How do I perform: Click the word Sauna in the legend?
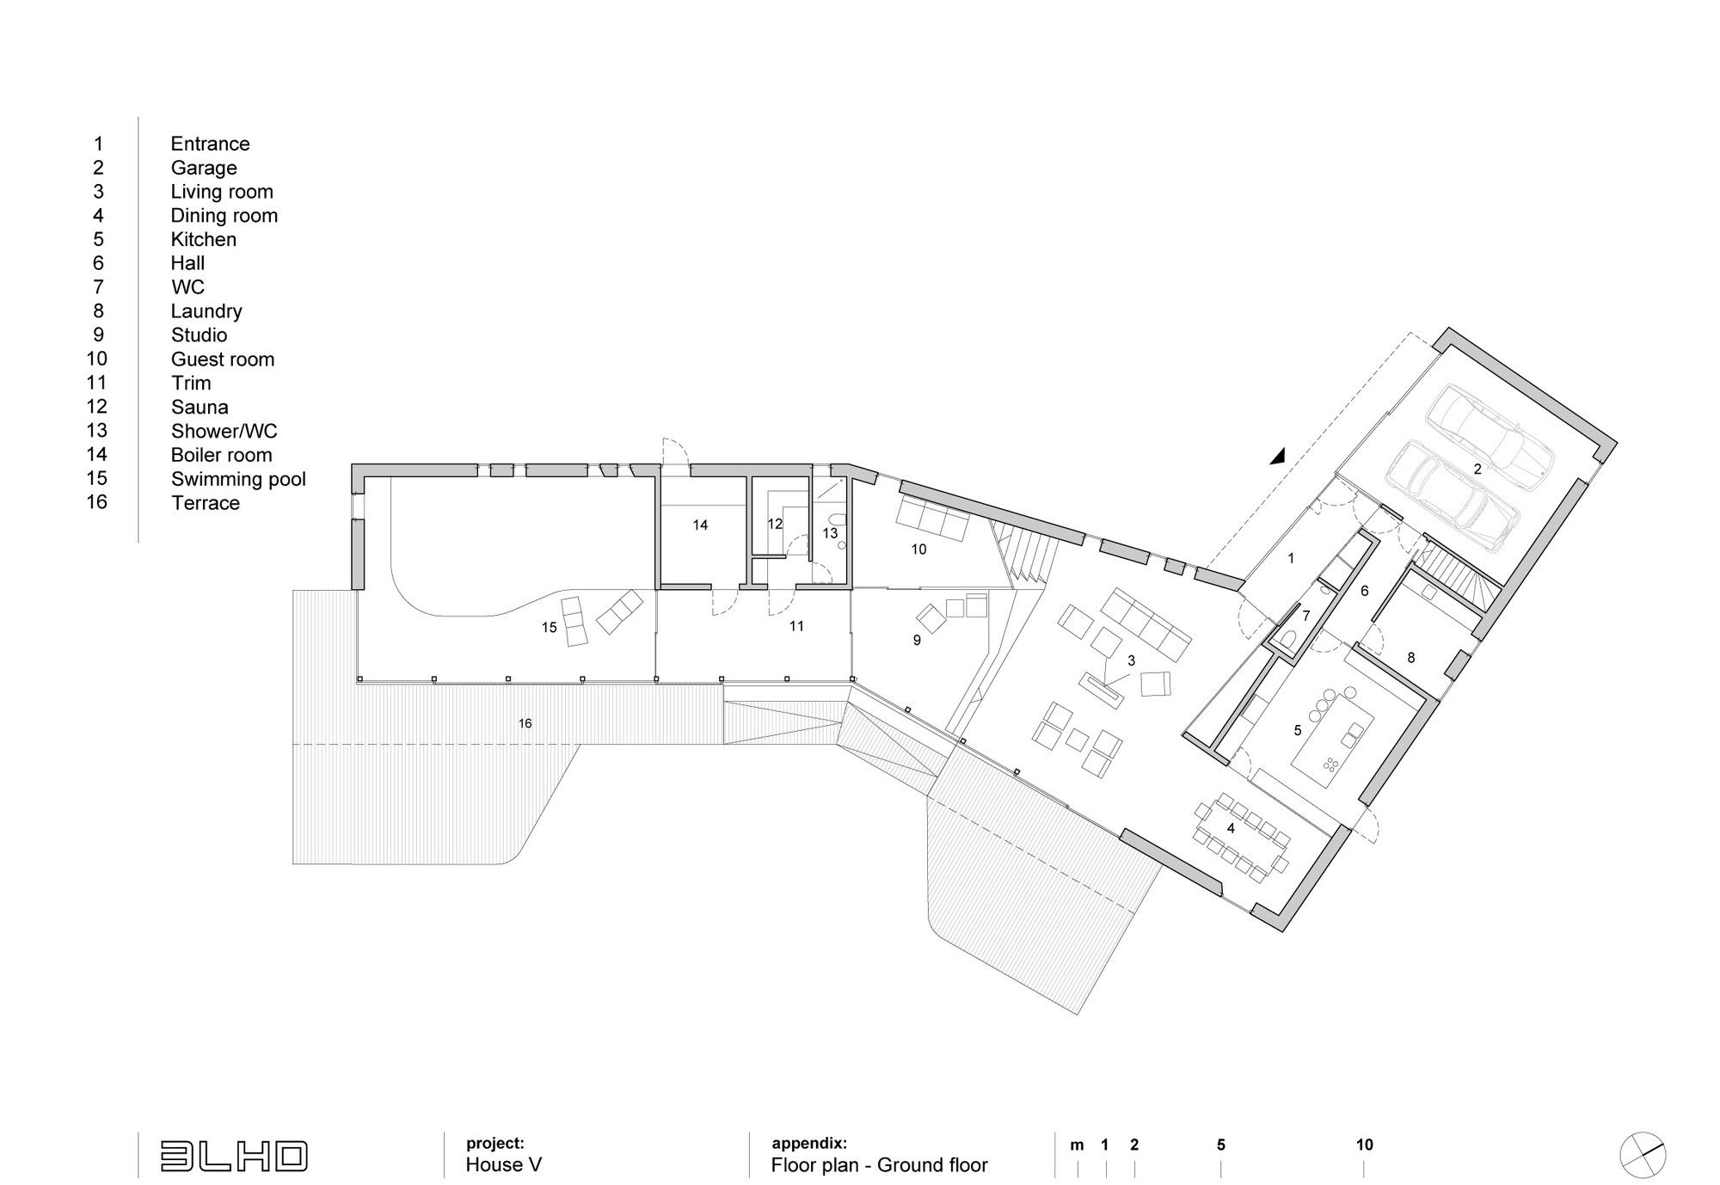pos(200,407)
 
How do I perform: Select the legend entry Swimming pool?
pos(238,480)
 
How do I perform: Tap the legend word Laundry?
pos(206,311)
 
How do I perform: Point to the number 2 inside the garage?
pos(1477,470)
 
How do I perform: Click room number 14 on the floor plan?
pos(700,525)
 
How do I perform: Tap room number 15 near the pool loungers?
pos(550,628)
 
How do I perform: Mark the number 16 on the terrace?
pos(525,723)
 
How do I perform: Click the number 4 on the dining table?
pos(1231,828)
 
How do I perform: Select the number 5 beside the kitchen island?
pos(1298,731)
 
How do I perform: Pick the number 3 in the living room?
pos(1132,660)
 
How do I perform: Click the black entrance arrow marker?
pos(1279,457)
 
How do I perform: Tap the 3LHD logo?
pos(234,1156)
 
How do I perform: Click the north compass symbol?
pos(1643,1154)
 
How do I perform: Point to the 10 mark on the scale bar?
pos(1365,1145)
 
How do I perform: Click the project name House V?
pos(504,1165)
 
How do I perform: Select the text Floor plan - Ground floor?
pos(880,1165)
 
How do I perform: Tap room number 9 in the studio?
pos(917,640)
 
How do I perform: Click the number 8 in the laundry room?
pos(1411,658)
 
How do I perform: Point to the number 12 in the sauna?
pos(775,524)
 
